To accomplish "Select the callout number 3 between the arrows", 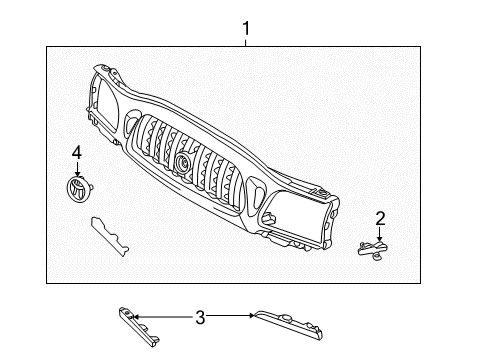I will (200, 317).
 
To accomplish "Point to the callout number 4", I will (76, 152).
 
